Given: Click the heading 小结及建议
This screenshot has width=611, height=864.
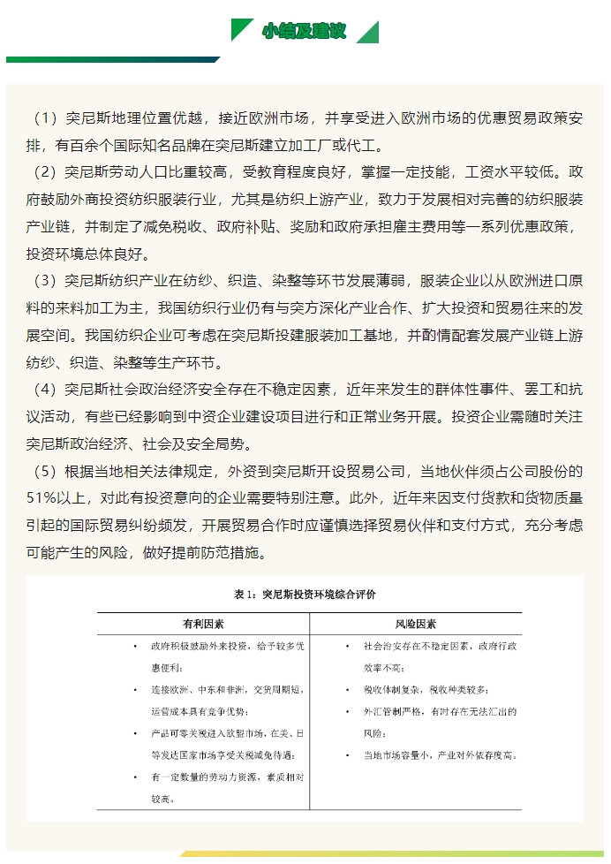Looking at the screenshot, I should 305,31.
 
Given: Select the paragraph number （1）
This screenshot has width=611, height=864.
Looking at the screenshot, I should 45,117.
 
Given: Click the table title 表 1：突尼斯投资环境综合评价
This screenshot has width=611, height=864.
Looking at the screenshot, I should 305,595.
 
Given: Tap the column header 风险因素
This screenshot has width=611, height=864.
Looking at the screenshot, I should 415,624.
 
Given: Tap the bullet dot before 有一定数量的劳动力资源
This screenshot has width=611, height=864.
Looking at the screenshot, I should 134,777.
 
